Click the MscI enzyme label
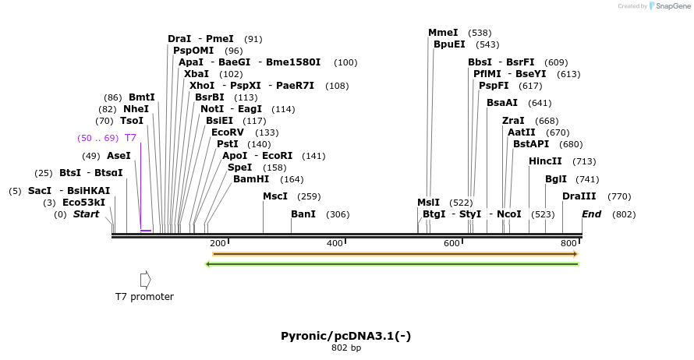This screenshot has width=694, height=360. pyautogui.click(x=275, y=196)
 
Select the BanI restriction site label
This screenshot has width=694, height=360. pyautogui.click(x=303, y=214)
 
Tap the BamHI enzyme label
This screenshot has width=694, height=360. pyautogui.click(x=251, y=179)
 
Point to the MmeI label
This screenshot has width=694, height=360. pyautogui.click(x=443, y=33)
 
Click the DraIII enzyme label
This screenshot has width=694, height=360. pyautogui.click(x=579, y=196)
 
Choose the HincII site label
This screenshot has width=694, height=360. pyautogui.click(x=545, y=161)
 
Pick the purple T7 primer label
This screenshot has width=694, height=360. pyautogui.click(x=130, y=138)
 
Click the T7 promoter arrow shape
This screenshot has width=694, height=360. pyautogui.click(x=145, y=280)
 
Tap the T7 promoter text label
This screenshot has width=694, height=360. pyautogui.click(x=144, y=297)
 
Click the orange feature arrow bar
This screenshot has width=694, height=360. pyautogui.click(x=395, y=254)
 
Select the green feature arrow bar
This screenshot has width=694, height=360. pyautogui.click(x=391, y=264)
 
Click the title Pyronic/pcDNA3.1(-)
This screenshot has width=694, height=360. pyautogui.click(x=346, y=336)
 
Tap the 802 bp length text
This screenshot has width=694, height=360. pyautogui.click(x=346, y=348)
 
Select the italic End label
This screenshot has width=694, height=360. pyautogui.click(x=592, y=214)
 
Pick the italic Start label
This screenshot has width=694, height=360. pyautogui.click(x=86, y=214)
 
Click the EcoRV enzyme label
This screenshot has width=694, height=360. pyautogui.click(x=228, y=132)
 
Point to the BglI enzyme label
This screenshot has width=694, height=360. pyautogui.click(x=556, y=179)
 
